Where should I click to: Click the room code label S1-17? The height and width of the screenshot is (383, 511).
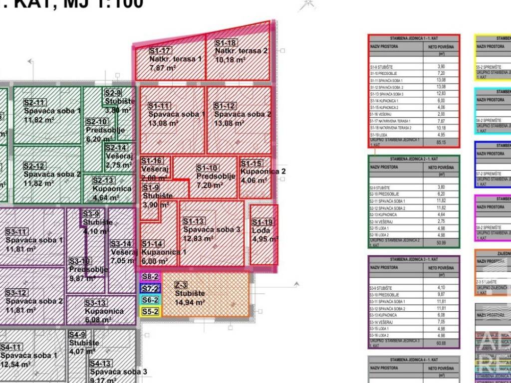point(160,50)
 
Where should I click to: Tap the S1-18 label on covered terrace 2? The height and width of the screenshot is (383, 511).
point(226,43)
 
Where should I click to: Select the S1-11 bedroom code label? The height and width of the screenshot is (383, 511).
point(159,106)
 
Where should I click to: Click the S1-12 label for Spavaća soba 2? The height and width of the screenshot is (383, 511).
point(225,106)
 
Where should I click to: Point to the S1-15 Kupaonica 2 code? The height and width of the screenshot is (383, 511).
point(251,164)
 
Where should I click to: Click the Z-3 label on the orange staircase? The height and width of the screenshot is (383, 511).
point(181,285)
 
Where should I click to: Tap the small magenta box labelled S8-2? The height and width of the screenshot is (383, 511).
point(150,277)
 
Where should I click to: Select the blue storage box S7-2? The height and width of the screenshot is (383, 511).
point(150,288)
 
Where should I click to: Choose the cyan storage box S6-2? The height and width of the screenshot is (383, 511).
point(150,300)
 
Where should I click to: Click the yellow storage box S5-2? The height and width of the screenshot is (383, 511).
point(150,312)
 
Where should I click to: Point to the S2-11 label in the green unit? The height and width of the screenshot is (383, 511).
point(34,102)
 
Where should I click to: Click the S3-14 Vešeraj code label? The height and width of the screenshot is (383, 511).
point(121,244)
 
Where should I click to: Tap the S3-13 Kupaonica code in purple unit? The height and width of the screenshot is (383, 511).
point(95,303)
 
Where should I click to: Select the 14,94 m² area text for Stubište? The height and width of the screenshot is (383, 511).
point(190,302)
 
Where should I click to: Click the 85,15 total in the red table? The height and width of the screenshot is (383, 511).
point(441,143)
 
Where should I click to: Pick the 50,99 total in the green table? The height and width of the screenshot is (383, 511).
point(441,242)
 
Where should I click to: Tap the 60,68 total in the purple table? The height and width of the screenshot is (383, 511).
point(441,343)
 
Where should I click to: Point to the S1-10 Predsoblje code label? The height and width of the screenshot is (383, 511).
point(207,168)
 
